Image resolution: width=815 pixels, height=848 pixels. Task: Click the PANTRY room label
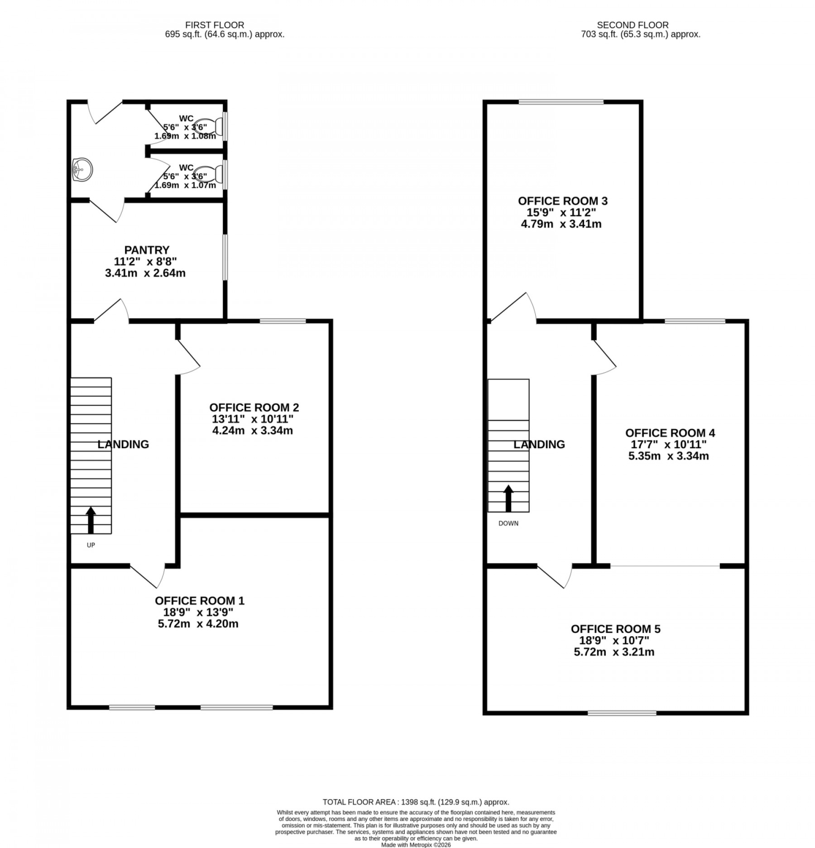[x=147, y=250]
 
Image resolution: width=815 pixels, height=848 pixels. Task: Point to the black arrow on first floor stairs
[x=91, y=520]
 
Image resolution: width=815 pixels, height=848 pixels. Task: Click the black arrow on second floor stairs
[x=508, y=498]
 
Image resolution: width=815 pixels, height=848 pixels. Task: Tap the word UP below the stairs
[x=91, y=545]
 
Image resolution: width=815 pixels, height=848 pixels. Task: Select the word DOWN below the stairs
[x=508, y=523]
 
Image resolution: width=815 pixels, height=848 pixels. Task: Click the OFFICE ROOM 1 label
[x=199, y=601]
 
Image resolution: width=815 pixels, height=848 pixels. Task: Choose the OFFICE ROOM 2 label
[x=254, y=407]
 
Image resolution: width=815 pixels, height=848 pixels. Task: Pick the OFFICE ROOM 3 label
[x=562, y=201]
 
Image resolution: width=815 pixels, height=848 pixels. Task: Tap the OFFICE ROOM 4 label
[x=670, y=433]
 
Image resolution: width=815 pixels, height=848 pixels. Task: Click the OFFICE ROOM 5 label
[x=615, y=629]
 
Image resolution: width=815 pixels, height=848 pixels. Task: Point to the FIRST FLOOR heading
[x=215, y=25]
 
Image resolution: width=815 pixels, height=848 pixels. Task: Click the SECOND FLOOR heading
[x=632, y=25]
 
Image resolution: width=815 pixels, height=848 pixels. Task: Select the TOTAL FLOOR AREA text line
[x=416, y=802]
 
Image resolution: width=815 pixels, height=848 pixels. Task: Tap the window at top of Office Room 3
[x=561, y=102]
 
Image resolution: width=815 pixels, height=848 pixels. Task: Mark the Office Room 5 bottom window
[x=622, y=713]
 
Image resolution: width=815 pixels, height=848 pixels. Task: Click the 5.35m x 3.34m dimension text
[x=668, y=456]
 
